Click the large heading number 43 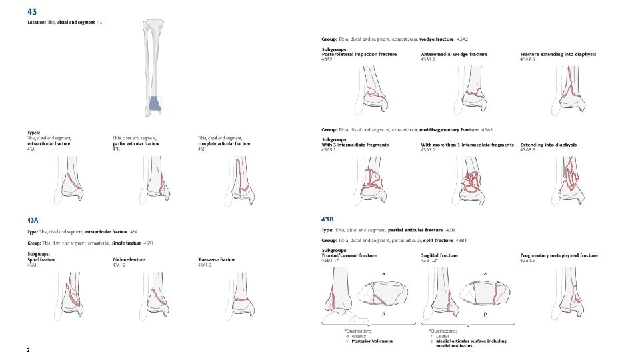tap(32, 12)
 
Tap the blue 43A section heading tap(33, 219)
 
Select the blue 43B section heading tap(327, 219)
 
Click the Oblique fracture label tap(128, 259)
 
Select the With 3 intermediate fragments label tap(354, 144)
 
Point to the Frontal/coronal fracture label tap(349, 255)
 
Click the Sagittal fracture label tap(439, 255)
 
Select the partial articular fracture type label tap(137, 143)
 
